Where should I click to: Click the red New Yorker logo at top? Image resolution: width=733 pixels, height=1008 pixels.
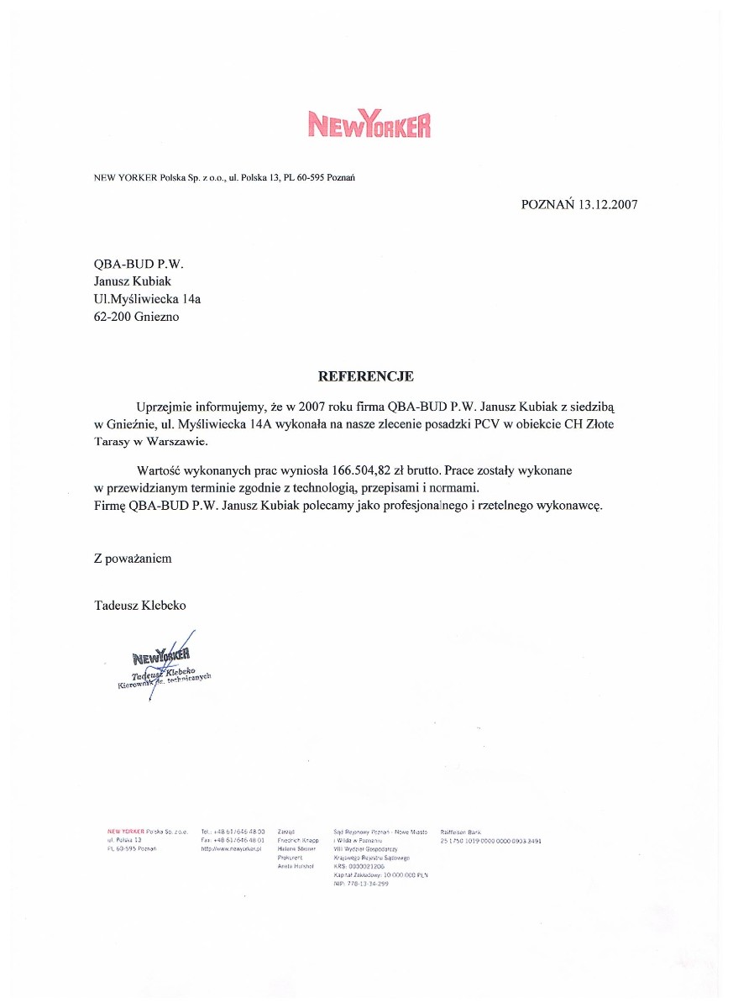pos(369,124)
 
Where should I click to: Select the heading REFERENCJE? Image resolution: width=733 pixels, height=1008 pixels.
pos(365,376)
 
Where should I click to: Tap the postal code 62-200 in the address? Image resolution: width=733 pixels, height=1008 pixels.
pos(112,317)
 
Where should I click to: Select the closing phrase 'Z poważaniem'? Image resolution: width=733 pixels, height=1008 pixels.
pos(133,559)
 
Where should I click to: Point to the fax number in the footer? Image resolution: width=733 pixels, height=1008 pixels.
pos(233,840)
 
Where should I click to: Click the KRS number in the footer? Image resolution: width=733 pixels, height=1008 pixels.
pos(359,865)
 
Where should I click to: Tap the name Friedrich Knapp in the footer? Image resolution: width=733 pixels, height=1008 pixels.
pos(297,840)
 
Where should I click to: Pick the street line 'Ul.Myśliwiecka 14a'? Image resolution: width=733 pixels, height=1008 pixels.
pos(148,299)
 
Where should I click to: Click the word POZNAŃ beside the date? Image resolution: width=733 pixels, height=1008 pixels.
pos(547,203)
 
